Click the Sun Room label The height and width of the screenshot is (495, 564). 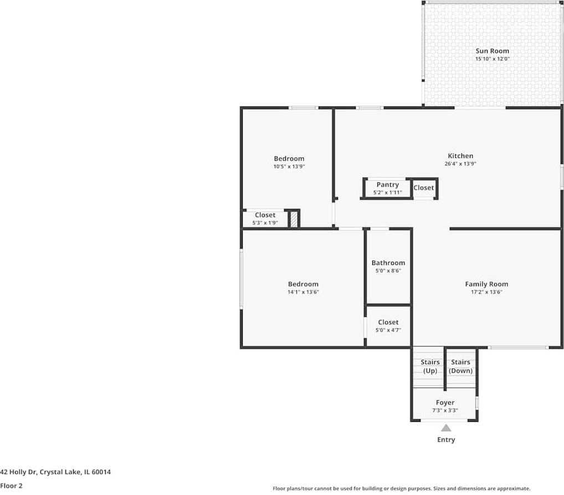492,51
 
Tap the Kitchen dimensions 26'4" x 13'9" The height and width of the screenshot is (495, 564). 460,164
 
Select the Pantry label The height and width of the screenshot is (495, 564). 387,185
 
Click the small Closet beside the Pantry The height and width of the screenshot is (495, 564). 424,188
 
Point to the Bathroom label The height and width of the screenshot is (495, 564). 388,263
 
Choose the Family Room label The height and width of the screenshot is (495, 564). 486,284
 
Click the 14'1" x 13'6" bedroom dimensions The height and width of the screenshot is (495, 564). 303,292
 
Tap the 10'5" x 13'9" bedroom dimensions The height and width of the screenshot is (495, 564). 289,166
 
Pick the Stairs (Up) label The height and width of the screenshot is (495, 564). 430,366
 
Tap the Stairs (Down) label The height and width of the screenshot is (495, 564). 460,366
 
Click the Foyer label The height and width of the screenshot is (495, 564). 445,402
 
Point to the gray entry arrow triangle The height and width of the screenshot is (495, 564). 445,427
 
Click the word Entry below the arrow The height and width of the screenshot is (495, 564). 445,440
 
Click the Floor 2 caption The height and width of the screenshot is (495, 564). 11,486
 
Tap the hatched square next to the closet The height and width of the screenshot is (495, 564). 294,220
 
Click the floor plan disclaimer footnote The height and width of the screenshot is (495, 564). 401,488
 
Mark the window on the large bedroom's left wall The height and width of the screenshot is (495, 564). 241,278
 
